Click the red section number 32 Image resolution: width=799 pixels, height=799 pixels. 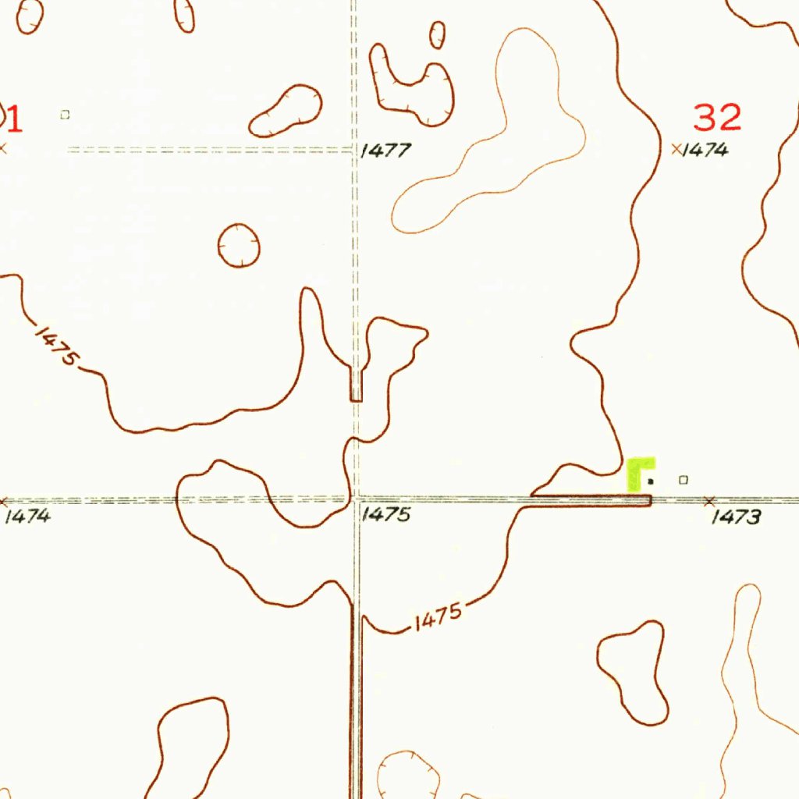(x=717, y=118)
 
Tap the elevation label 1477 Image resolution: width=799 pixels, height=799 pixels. (x=385, y=151)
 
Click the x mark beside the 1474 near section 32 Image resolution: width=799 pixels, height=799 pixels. (x=676, y=148)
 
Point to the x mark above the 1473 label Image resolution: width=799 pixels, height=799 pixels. (x=709, y=499)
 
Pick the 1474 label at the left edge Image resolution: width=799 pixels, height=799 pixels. (x=27, y=516)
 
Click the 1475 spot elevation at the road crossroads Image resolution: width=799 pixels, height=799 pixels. (x=385, y=515)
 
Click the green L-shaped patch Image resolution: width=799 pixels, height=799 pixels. (x=639, y=472)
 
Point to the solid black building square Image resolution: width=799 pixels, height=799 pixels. (x=651, y=481)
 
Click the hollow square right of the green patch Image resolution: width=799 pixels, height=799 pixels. (x=684, y=480)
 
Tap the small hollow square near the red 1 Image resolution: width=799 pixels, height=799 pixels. (x=65, y=115)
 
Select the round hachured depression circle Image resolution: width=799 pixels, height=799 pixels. (x=238, y=245)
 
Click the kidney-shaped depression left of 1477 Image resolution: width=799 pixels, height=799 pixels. (x=286, y=110)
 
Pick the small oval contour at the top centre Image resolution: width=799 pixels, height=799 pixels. (x=438, y=34)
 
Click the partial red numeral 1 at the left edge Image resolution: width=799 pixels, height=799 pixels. (x=13, y=119)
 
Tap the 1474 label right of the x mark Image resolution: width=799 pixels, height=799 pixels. (x=705, y=151)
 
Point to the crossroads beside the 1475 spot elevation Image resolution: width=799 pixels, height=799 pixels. (x=356, y=498)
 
